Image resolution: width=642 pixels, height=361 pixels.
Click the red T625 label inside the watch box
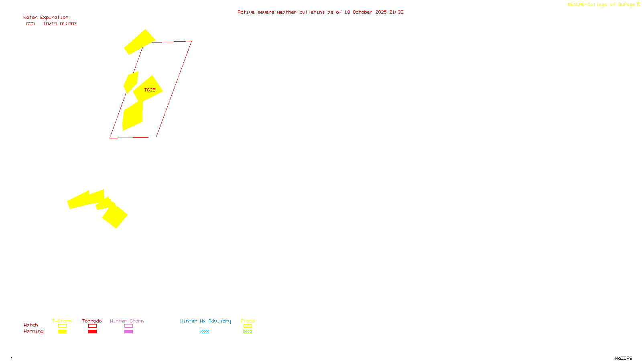(150, 90)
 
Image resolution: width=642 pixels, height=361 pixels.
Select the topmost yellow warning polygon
(139, 42)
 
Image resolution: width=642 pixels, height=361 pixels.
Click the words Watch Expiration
(46, 18)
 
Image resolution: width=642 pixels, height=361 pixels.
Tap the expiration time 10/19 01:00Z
(60, 24)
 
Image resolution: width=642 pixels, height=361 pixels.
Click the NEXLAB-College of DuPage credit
(603, 5)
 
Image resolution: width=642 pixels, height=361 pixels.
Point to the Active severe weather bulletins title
(320, 12)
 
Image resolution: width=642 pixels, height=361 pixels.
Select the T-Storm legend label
(62, 321)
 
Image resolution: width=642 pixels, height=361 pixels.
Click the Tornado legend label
(92, 321)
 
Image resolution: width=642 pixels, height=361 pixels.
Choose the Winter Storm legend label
(127, 321)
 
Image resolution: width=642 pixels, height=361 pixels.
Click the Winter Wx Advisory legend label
(205, 321)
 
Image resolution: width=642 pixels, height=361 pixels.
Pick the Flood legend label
(248, 321)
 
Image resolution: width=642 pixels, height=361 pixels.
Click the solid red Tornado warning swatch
(92, 332)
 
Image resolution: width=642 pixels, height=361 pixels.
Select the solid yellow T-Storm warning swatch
(62, 332)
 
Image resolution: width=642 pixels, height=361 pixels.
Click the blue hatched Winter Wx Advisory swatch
(205, 332)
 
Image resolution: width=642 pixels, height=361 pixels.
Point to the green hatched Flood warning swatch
(248, 332)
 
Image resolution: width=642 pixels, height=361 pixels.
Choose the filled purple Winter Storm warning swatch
(128, 332)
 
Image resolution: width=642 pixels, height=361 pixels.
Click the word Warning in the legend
(33, 331)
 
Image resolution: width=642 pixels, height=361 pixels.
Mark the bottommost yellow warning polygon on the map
(115, 217)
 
